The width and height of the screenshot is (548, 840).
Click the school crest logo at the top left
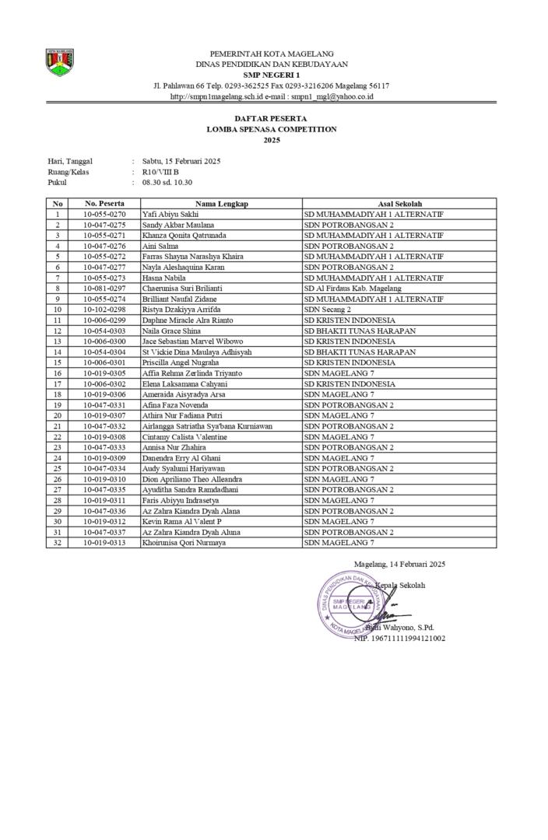point(60,62)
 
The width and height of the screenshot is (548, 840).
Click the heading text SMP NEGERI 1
point(272,75)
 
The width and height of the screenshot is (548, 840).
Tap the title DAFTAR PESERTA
point(272,118)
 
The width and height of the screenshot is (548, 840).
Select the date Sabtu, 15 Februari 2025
point(181,161)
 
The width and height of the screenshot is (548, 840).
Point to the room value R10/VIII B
point(160,172)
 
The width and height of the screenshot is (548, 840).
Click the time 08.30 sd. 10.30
point(167,183)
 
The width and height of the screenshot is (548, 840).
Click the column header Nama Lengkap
point(221,203)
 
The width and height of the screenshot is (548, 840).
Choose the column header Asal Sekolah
point(399,203)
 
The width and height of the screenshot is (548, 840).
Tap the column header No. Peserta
point(104,203)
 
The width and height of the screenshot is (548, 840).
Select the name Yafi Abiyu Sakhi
point(170,214)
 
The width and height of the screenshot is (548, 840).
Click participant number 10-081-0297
point(104,289)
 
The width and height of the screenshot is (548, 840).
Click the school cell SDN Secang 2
point(328,310)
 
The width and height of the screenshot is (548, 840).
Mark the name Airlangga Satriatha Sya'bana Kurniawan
point(207,426)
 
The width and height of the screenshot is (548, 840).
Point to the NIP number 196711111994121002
point(399,639)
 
